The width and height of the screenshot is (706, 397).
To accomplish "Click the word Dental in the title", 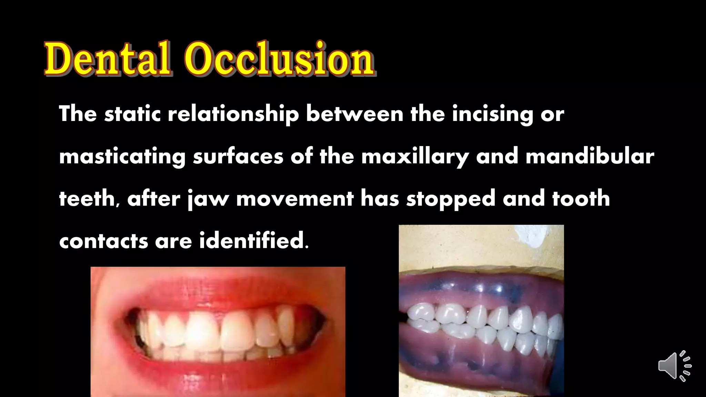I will (108, 59).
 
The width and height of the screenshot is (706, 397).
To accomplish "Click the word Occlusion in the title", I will (279, 59).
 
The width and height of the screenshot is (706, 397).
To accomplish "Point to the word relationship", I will (233, 114).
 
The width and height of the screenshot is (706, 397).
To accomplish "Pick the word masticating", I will (122, 157).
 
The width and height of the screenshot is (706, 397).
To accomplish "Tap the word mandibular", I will (589, 156).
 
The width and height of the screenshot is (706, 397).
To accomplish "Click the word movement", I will (295, 199).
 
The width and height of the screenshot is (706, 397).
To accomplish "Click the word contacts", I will (103, 241).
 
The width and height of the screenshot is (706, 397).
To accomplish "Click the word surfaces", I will (238, 157).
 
